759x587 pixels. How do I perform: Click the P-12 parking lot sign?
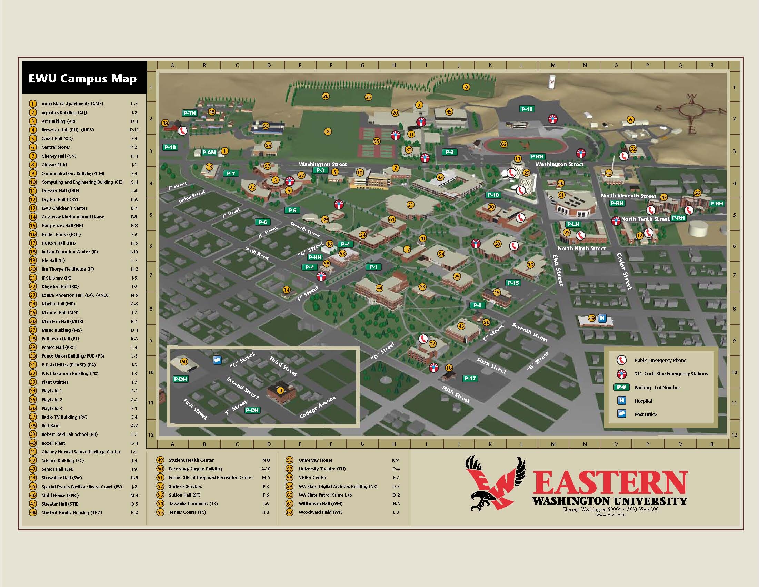[527, 109]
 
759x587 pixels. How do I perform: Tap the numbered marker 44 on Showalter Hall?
[379, 288]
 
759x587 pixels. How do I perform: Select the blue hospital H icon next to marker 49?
[602, 318]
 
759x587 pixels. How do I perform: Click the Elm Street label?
[558, 270]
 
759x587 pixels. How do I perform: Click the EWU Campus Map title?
[83, 79]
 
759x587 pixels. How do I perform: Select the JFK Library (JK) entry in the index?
[57, 278]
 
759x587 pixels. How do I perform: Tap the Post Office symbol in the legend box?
[622, 414]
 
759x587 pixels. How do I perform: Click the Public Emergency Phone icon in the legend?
[621, 360]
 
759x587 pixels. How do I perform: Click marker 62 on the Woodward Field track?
[503, 144]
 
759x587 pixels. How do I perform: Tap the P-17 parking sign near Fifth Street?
[470, 378]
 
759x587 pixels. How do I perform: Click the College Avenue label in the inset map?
[318, 407]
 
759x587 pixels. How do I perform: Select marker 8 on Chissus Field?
[466, 87]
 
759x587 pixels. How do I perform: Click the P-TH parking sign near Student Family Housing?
[189, 113]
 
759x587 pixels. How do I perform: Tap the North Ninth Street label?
[581, 248]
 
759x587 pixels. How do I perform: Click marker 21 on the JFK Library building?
[411, 205]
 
